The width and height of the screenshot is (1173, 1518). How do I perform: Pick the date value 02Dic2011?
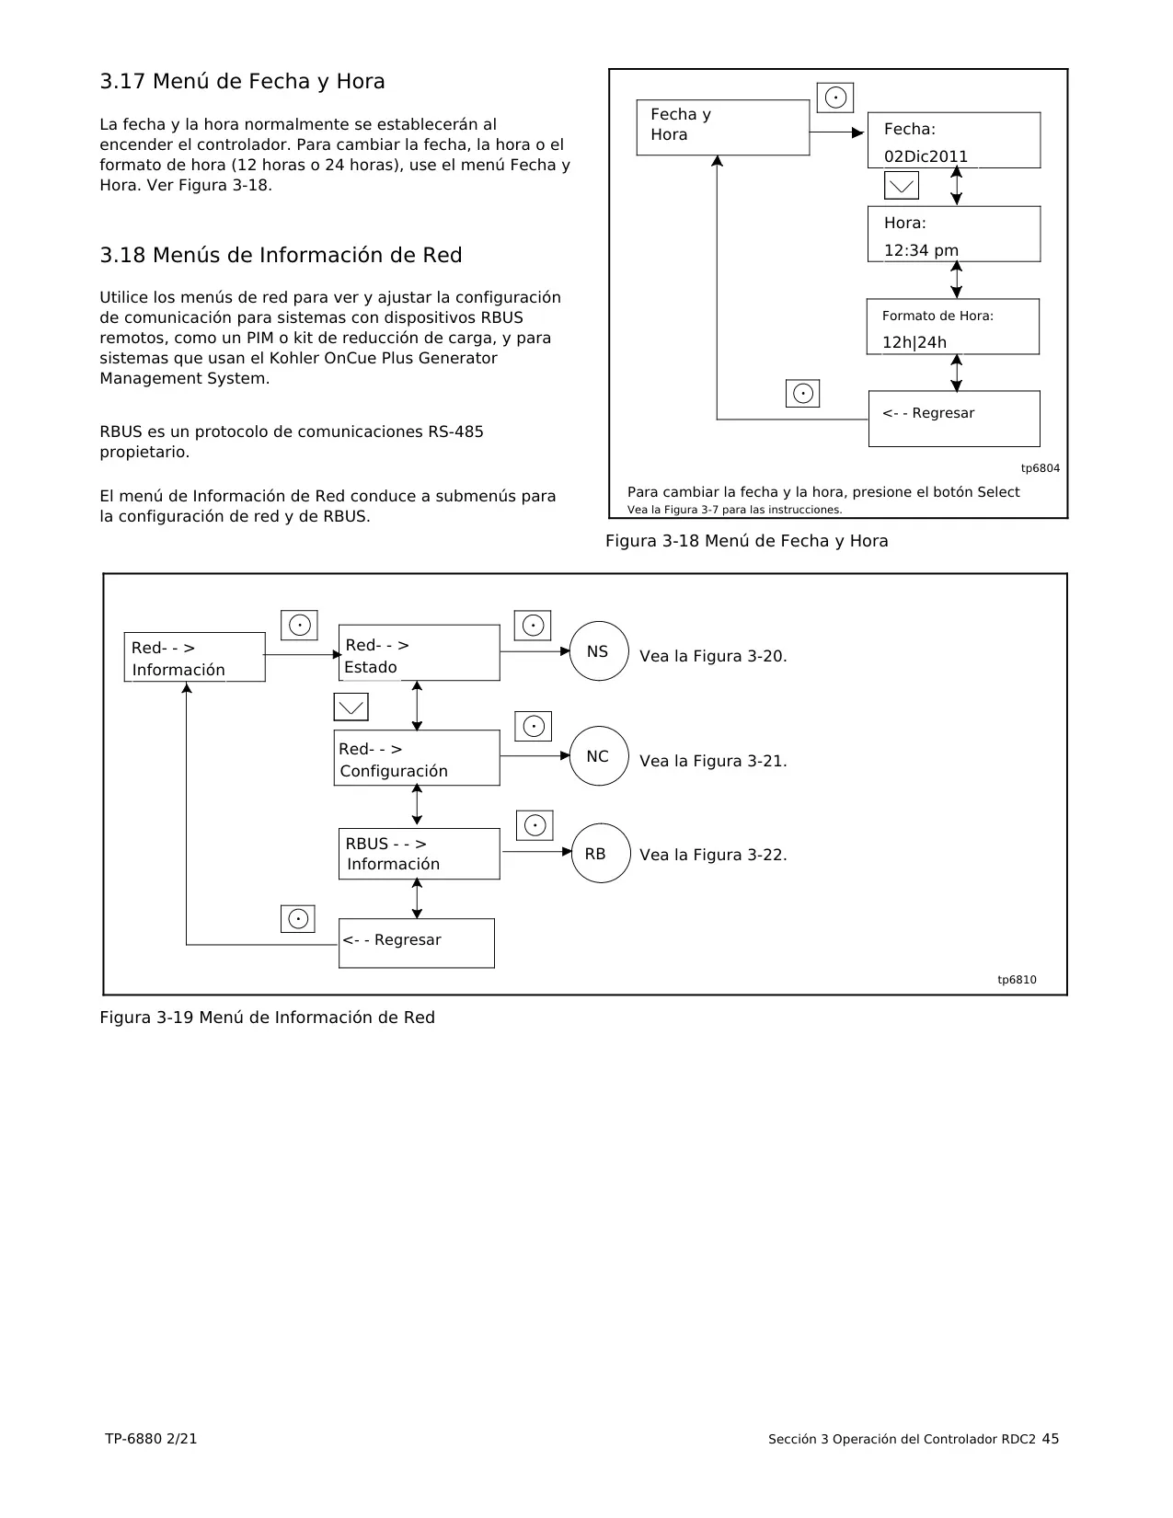(926, 156)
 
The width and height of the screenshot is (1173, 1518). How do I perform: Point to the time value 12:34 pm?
(921, 250)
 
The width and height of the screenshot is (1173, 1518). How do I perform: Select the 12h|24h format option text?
(914, 342)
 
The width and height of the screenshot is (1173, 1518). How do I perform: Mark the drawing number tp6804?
(1041, 468)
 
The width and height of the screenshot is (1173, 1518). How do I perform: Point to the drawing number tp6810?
(1017, 980)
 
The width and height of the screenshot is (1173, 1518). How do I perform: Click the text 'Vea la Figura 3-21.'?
(713, 761)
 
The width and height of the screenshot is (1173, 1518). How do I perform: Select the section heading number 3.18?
(122, 255)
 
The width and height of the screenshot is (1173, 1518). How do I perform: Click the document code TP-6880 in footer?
(133, 1438)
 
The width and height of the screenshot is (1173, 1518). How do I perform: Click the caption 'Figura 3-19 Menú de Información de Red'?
(267, 1018)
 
